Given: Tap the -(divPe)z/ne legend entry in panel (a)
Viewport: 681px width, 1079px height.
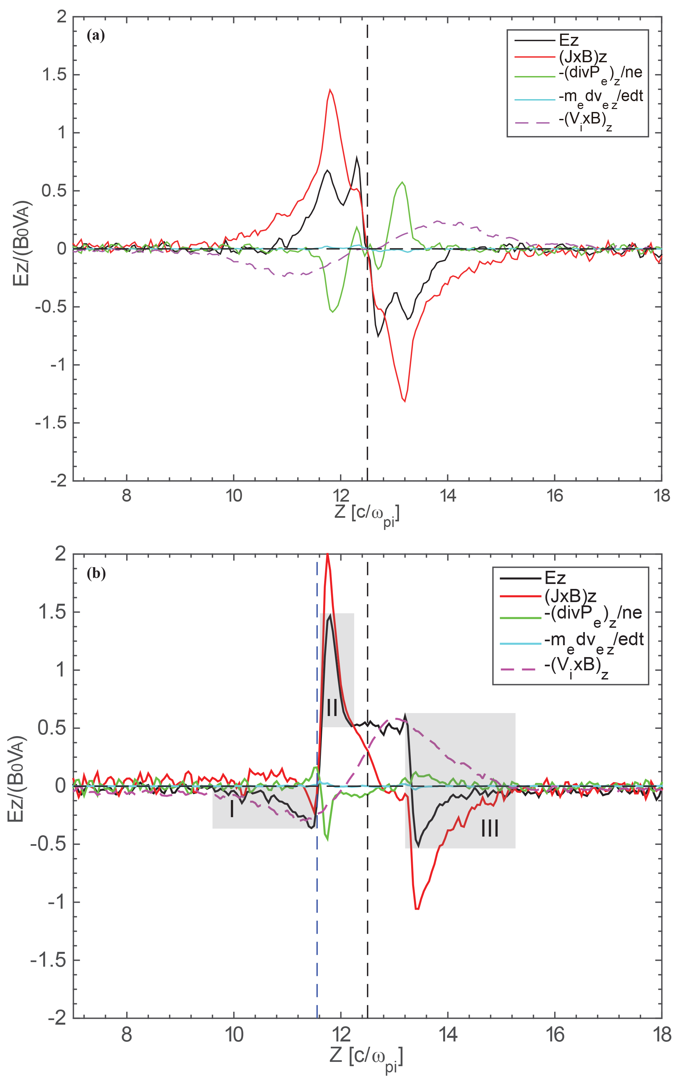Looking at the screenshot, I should pos(600,73).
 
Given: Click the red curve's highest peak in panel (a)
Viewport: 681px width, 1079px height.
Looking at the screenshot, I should pos(330,90).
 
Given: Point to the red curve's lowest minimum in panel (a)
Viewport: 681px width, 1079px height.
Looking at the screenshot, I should pos(405,401).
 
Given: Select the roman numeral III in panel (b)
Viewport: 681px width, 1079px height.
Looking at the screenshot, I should pos(490,828).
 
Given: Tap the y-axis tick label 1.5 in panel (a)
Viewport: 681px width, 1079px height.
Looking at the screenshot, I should pos(54,75).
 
